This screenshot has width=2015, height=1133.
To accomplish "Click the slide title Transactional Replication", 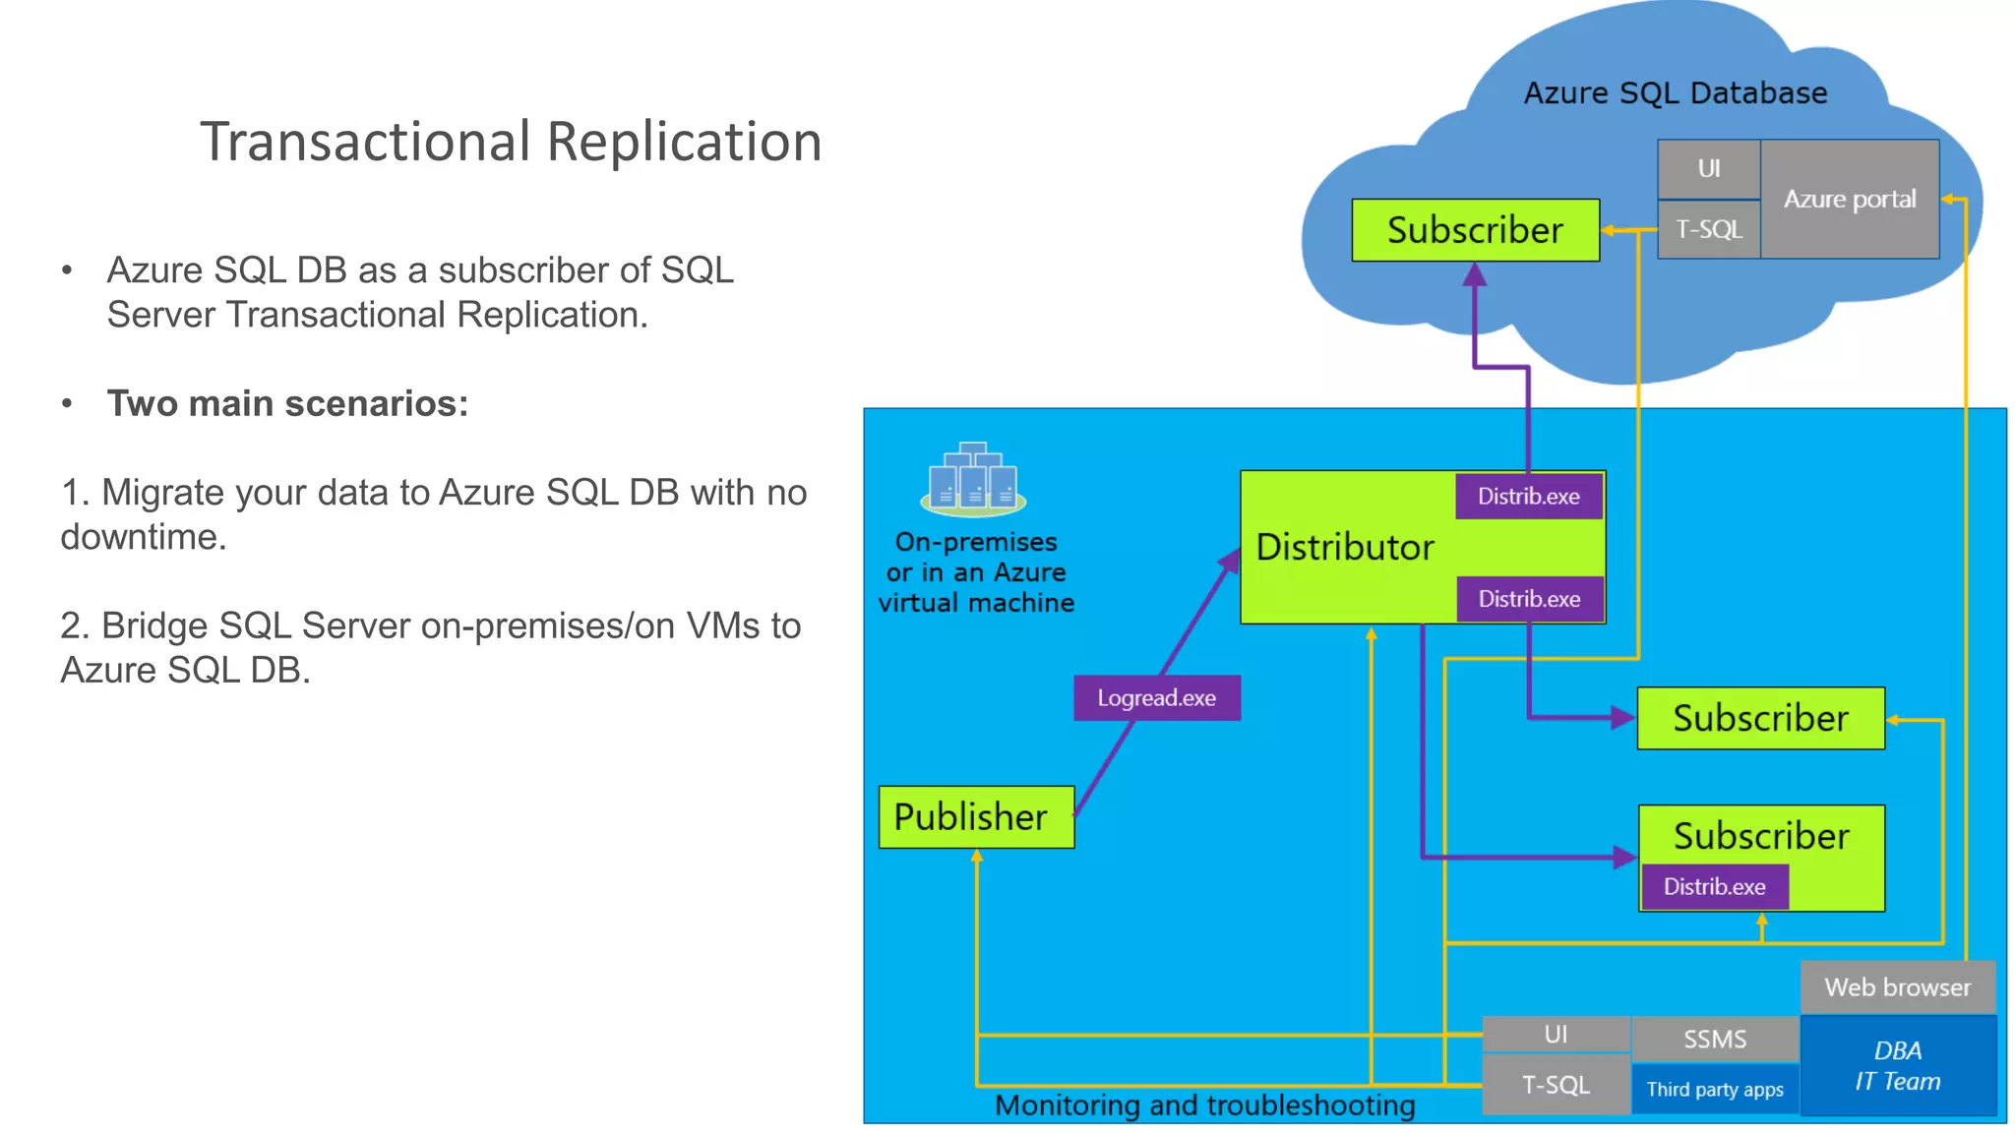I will [x=511, y=142].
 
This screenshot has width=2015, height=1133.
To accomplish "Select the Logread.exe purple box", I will [x=1156, y=697].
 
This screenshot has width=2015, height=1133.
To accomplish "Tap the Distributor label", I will [x=1345, y=547].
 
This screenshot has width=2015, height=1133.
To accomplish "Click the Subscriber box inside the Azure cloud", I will [x=1474, y=230].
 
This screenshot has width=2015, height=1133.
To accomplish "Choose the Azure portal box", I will [x=1849, y=199].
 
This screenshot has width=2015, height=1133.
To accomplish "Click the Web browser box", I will [x=1897, y=986].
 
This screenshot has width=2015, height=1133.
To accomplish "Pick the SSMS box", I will [x=1714, y=1039].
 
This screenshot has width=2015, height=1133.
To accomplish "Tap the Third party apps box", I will [x=1714, y=1089].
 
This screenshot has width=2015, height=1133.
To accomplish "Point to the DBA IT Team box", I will [x=1897, y=1066].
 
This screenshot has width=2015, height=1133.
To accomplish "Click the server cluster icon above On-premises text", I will [x=973, y=480].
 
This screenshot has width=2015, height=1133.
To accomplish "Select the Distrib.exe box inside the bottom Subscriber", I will [x=1714, y=886].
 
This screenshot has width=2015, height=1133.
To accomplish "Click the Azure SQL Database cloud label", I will [x=1675, y=93].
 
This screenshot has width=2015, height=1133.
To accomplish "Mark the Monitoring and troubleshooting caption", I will [x=1204, y=1105].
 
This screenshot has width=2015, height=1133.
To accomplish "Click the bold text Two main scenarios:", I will [x=287, y=403].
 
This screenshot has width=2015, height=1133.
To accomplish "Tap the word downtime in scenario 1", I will [x=143, y=537].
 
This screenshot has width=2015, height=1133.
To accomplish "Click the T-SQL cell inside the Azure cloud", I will [x=1708, y=229].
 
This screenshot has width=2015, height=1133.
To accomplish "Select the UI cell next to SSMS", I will [x=1555, y=1034].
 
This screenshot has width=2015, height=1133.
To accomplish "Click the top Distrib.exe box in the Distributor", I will [x=1528, y=496].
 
